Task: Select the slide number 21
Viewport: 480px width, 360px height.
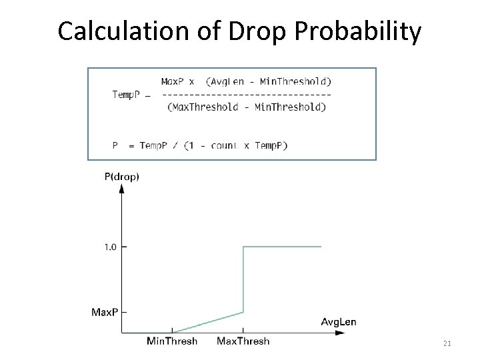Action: (x=447, y=343)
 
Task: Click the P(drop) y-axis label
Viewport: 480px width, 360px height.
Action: (x=121, y=177)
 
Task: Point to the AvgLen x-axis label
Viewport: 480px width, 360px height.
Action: (x=339, y=322)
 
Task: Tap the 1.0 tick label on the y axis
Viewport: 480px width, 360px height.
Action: (x=110, y=247)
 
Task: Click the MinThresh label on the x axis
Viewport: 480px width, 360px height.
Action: (x=172, y=341)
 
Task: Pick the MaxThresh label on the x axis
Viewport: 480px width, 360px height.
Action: (x=243, y=341)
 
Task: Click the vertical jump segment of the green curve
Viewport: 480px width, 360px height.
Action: (x=243, y=280)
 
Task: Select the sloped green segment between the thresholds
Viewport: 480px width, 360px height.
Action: (x=208, y=321)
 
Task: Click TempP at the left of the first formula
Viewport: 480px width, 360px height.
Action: (x=125, y=94)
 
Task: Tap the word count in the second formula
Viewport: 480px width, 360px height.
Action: (x=225, y=145)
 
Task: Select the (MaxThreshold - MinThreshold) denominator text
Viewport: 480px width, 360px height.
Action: (x=247, y=107)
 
